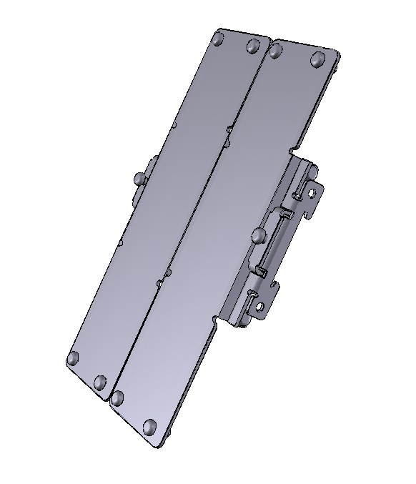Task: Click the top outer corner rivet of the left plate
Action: (x=218, y=41)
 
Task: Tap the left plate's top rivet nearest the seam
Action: (x=252, y=46)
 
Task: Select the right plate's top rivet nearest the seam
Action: (x=276, y=50)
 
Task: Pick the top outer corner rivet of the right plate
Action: (x=318, y=59)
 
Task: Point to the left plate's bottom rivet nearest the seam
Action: (x=100, y=382)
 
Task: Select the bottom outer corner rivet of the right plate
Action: (x=150, y=427)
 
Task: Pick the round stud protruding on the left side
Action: (x=138, y=177)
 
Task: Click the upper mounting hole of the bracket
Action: (x=312, y=192)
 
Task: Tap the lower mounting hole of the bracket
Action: (x=260, y=309)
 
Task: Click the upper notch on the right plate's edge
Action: (x=292, y=152)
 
